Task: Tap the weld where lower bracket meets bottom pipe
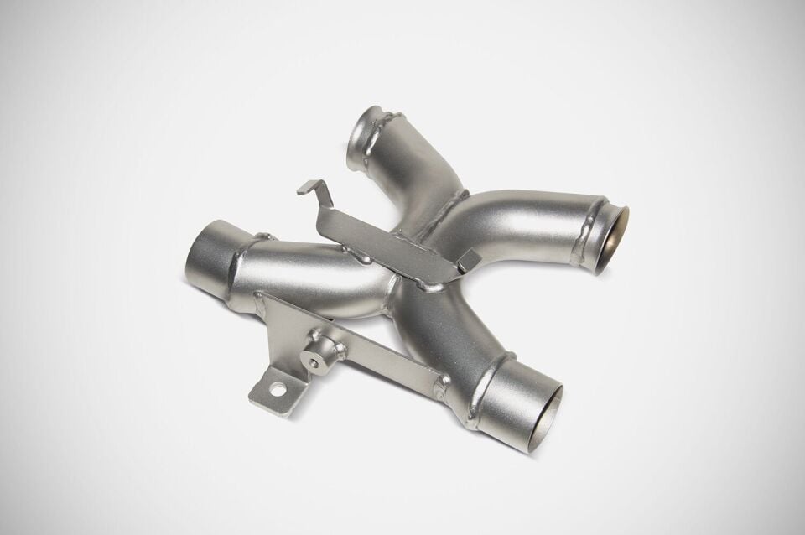[x=440, y=385]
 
